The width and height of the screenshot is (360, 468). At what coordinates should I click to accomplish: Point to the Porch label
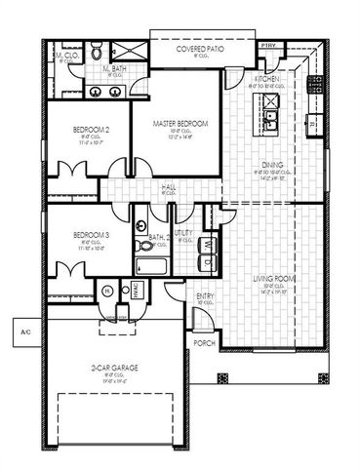tap(204, 343)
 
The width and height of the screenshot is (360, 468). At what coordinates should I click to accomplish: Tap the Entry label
tap(205, 297)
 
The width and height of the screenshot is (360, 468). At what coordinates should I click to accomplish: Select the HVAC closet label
tap(136, 290)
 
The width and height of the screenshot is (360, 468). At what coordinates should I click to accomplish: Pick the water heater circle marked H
tap(108, 291)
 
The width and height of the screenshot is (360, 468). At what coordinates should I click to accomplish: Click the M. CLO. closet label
tap(67, 57)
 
